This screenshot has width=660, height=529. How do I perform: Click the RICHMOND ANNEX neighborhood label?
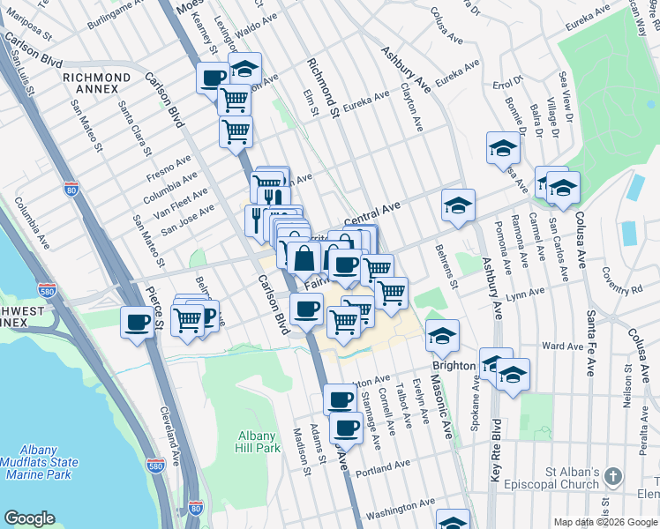point(96,78)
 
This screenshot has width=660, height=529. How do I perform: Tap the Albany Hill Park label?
point(259,442)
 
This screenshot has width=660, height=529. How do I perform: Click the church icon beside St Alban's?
point(615,477)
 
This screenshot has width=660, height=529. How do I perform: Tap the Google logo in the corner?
point(29,518)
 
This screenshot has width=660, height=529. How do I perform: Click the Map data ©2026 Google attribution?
point(605,523)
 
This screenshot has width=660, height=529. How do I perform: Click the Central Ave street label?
point(372,212)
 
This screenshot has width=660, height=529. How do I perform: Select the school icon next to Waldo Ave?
point(244,68)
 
